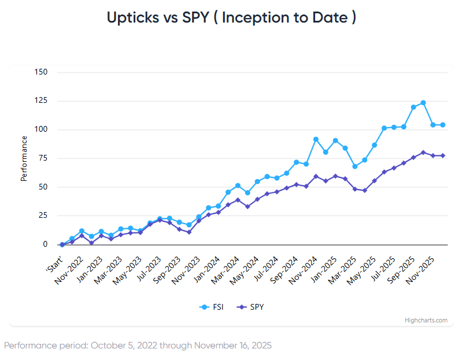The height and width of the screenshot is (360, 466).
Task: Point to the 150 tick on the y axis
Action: [x=41, y=72]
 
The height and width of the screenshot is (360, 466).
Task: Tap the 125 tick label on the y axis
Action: [x=41, y=101]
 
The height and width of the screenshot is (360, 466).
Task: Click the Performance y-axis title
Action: [x=24, y=158]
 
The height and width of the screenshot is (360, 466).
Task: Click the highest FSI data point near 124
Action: [x=423, y=103]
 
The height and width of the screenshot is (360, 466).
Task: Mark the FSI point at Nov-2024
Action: [x=316, y=139]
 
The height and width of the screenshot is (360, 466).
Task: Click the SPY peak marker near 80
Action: [x=423, y=153]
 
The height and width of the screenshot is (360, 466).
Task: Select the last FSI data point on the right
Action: [x=443, y=125]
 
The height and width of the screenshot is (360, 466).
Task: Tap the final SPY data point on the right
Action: [x=443, y=156]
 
